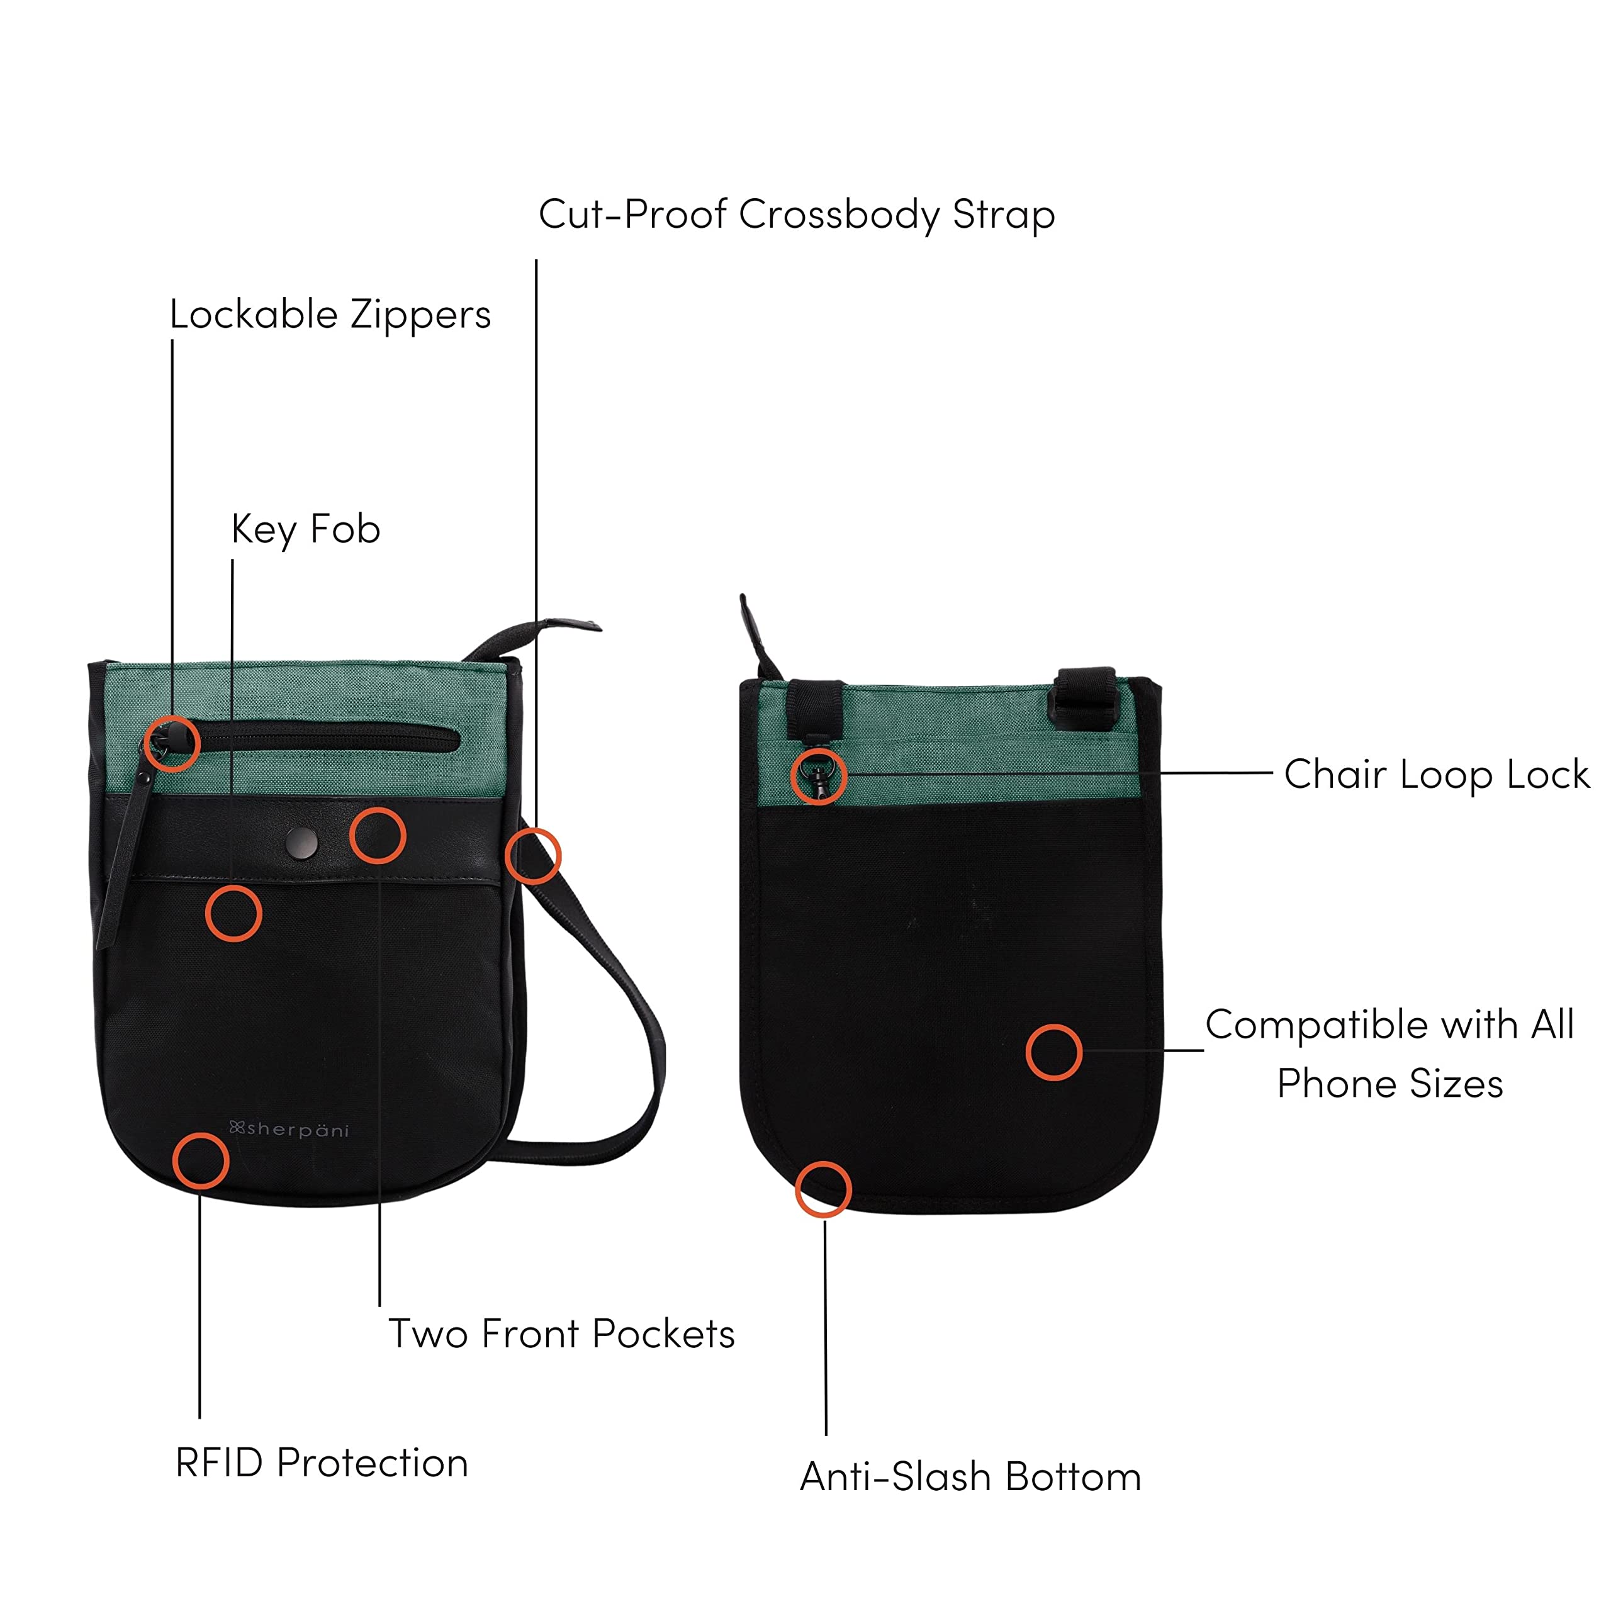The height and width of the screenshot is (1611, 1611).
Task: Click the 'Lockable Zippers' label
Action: tap(330, 315)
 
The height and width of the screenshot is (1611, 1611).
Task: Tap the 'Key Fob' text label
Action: tap(306, 529)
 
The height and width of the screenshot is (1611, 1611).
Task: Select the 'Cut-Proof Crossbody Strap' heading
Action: tap(796, 215)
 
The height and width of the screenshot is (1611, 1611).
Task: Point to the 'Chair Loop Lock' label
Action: tap(1436, 774)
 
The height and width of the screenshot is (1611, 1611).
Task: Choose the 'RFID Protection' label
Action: tap(322, 1462)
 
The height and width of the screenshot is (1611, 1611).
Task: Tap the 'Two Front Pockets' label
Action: tap(561, 1333)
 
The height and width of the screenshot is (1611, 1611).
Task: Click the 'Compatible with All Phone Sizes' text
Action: tap(1389, 1053)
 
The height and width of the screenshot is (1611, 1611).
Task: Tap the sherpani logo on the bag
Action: tap(289, 1130)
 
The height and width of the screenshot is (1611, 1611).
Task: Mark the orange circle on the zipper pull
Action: tap(172, 743)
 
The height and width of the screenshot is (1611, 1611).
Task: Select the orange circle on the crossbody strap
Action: tap(533, 856)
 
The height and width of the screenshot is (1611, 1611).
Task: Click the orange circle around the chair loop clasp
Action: tap(819, 775)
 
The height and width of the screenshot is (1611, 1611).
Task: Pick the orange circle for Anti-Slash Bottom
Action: tap(823, 1189)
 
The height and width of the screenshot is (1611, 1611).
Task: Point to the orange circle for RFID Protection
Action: tap(200, 1160)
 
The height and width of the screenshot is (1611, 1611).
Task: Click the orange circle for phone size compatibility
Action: tap(1053, 1052)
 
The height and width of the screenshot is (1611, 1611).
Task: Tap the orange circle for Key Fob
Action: tap(233, 913)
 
